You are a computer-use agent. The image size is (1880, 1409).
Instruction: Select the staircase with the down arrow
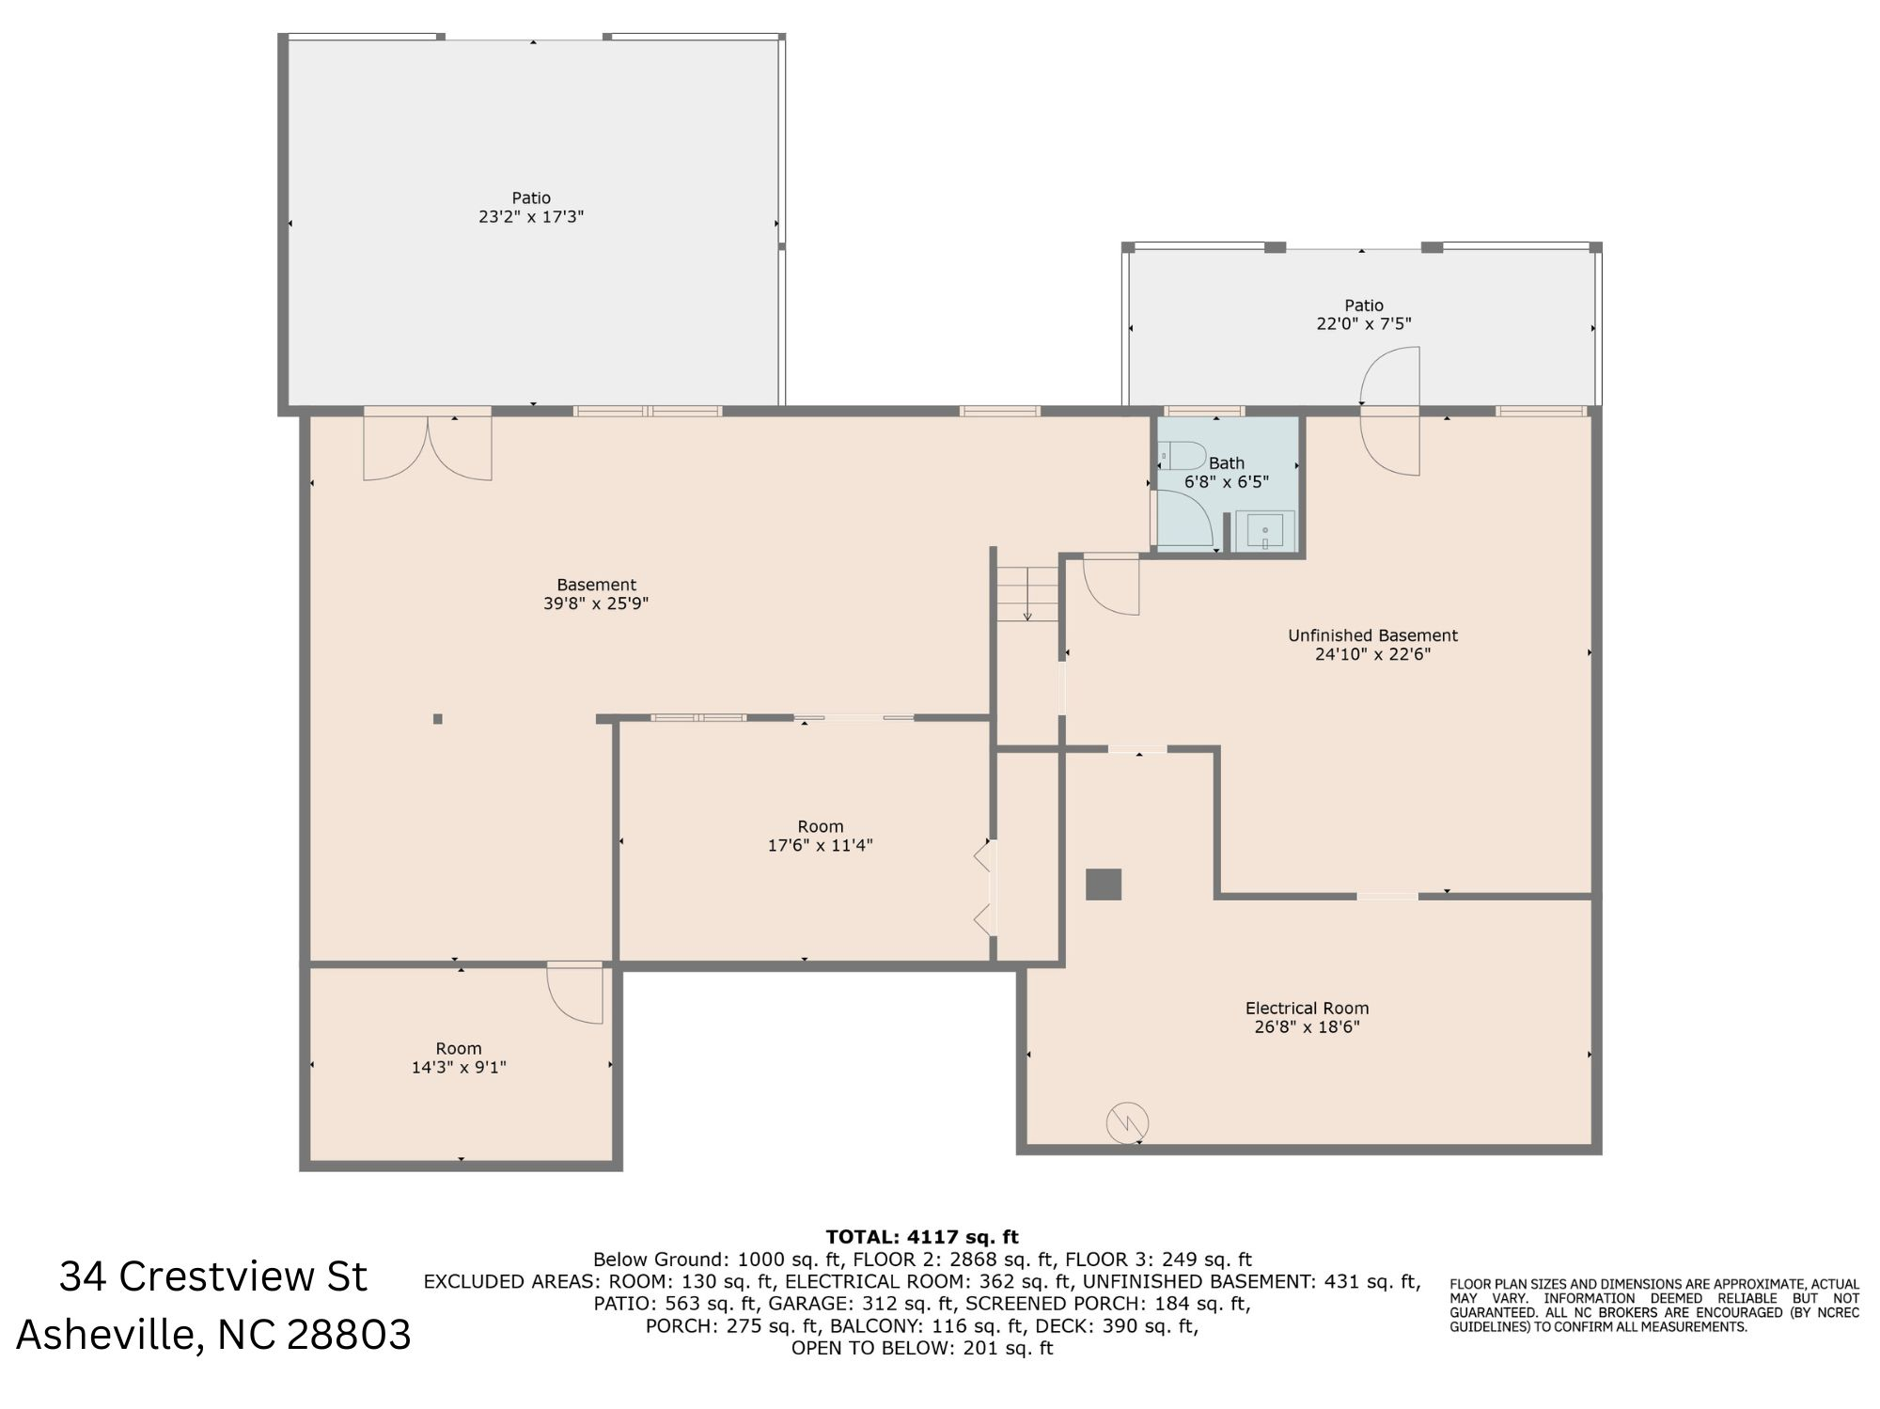pyautogui.click(x=1027, y=594)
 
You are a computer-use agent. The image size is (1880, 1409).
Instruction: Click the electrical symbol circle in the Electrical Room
pyautogui.click(x=1127, y=1122)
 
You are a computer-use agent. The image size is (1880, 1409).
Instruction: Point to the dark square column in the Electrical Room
pyautogui.click(x=1104, y=885)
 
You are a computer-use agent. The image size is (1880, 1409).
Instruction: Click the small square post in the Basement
pyautogui.click(x=437, y=719)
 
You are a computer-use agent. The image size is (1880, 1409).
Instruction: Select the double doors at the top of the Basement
pyautogui.click(x=428, y=446)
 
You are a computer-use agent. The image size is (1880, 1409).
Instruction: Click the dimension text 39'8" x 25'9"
pyautogui.click(x=596, y=603)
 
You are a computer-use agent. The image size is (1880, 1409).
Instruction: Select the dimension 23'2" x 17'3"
pyautogui.click(x=531, y=216)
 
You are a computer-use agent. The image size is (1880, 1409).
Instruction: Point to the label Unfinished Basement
pyautogui.click(x=1372, y=635)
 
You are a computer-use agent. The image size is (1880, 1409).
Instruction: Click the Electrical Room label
pyautogui.click(x=1307, y=1009)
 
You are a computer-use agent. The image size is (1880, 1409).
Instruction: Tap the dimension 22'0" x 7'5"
pyautogui.click(x=1363, y=324)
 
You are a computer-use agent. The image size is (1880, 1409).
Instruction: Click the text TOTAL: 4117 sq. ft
pyautogui.click(x=921, y=1237)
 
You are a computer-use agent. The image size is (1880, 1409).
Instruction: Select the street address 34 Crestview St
pyautogui.click(x=213, y=1276)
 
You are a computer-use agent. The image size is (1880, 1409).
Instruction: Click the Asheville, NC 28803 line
pyautogui.click(x=213, y=1335)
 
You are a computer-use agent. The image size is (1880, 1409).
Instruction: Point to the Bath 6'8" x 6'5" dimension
pyautogui.click(x=1226, y=482)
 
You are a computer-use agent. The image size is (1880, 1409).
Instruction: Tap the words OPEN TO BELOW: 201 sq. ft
pyautogui.click(x=921, y=1348)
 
